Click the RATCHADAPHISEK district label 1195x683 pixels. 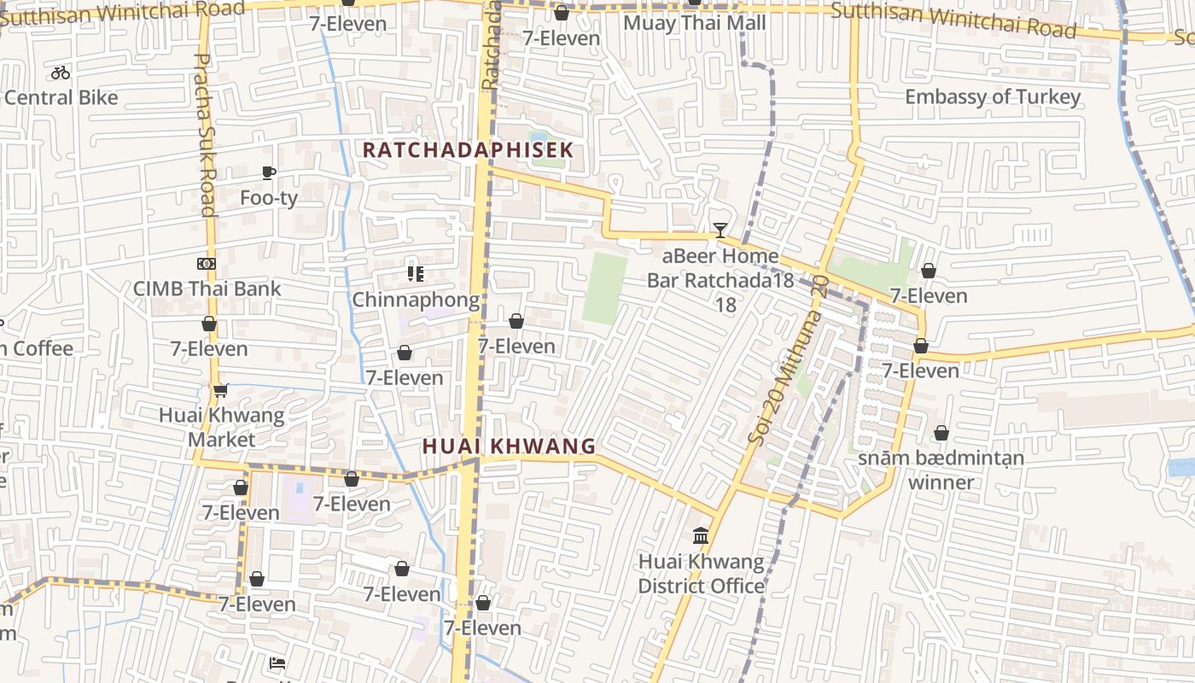pos(467,149)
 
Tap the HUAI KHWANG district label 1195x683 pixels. pos(509,446)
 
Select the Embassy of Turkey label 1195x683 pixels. pos(992,96)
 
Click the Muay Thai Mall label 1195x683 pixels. pos(694,23)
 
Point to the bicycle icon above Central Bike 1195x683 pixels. pos(61,73)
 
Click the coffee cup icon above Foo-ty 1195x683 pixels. pos(269,173)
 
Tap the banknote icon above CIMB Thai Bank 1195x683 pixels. pos(207,264)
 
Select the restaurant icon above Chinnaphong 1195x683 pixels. pos(416,274)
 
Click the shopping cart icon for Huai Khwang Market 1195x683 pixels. pos(221,391)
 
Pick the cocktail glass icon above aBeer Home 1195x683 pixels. pos(720,231)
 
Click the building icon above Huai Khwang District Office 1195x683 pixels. pos(701,536)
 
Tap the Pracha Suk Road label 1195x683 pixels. pos(205,134)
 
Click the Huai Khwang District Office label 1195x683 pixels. pos(701,574)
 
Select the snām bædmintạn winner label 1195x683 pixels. pos(941,470)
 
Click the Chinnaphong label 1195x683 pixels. pos(416,300)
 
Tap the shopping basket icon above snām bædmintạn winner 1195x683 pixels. pos(941,434)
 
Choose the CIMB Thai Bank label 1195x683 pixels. pos(207,289)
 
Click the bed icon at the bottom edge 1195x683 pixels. pos(277,663)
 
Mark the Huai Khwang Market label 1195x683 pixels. pos(221,427)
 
